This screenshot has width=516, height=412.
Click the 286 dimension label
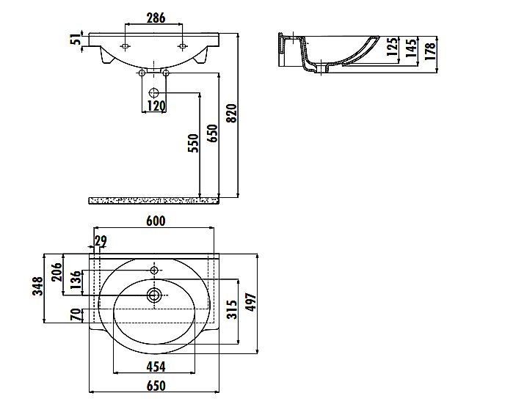[x=156, y=18]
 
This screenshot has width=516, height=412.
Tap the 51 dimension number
[x=77, y=40]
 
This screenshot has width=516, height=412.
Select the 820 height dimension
[x=232, y=114]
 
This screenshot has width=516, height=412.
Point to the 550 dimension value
[x=194, y=143]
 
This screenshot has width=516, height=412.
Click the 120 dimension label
[x=156, y=106]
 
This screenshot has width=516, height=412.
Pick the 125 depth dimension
[x=392, y=47]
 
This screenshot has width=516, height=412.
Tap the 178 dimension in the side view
[x=430, y=51]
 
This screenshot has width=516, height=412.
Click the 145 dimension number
[x=411, y=48]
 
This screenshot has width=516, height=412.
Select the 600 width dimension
[x=156, y=221]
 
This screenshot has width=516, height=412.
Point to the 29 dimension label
[x=101, y=241]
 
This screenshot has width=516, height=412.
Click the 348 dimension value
[x=38, y=286]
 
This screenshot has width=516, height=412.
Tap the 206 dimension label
[x=57, y=272]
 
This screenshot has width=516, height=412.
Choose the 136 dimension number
[x=76, y=279]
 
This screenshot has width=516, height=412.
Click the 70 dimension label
[x=76, y=314]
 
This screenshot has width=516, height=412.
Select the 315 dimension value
[x=232, y=309]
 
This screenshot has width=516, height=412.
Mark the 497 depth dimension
[x=251, y=302]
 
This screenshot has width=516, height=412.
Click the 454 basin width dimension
[x=156, y=367]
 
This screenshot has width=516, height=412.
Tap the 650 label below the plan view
[x=156, y=386]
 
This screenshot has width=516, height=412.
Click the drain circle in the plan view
[x=153, y=295]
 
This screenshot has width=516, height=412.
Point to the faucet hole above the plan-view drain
[x=154, y=271]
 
